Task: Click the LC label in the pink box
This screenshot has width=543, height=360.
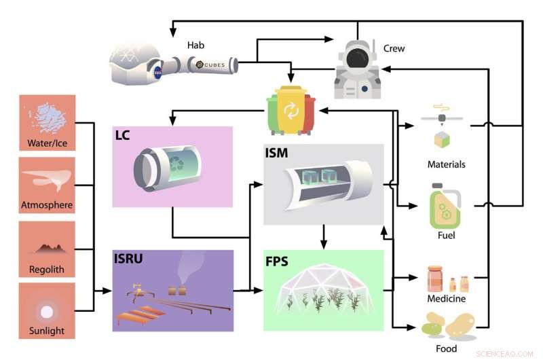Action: (x=123, y=136)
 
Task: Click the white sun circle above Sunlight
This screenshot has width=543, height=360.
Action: (x=47, y=312)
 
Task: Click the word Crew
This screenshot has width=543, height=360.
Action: (x=394, y=48)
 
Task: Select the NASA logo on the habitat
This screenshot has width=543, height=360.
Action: (x=157, y=70)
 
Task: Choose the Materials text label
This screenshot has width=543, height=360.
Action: (x=447, y=164)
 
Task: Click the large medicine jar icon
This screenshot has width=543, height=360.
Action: (x=435, y=278)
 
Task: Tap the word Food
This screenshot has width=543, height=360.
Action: (x=447, y=349)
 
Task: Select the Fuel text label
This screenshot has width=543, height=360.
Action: (x=447, y=236)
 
